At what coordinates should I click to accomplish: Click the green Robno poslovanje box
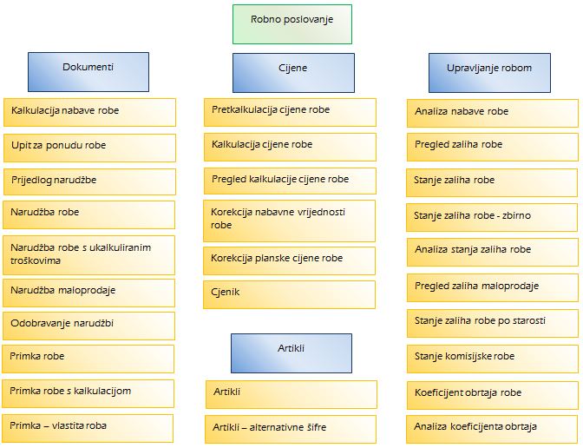tap(292, 24)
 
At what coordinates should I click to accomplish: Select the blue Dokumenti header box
tap(88, 72)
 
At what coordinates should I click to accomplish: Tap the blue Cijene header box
tap(293, 73)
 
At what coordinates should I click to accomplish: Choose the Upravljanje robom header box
tap(489, 73)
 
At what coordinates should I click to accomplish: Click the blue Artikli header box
tap(291, 353)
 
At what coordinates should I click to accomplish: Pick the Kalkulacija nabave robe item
tap(89, 112)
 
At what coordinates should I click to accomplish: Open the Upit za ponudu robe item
tap(89, 148)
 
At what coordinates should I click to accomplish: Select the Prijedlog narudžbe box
tap(89, 181)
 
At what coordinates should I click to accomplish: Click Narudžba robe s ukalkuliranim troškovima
tap(88, 255)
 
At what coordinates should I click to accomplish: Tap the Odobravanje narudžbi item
tap(88, 326)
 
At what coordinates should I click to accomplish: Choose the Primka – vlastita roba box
tap(88, 428)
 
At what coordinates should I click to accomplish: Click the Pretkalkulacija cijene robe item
tap(290, 112)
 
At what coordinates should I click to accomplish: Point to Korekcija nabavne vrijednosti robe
tap(289, 221)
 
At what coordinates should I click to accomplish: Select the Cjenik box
tap(289, 294)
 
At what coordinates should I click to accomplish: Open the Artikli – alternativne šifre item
tap(291, 429)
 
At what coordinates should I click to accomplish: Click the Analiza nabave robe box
tap(493, 113)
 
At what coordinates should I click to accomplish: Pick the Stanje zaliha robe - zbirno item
tap(492, 217)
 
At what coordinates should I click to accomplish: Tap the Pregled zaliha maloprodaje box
tap(493, 287)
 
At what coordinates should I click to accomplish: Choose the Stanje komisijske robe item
tap(493, 359)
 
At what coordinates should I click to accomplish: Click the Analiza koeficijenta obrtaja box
tap(492, 429)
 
